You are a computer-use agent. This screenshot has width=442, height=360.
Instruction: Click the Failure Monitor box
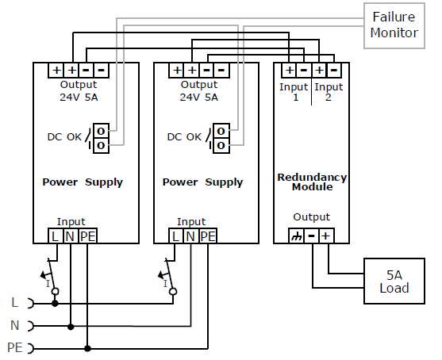coord(394,25)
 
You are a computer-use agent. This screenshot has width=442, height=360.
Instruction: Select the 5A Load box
coord(394,281)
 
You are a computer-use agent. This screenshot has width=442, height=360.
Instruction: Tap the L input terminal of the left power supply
coord(56,236)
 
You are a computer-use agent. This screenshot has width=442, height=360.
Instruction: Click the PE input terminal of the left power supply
coord(87,236)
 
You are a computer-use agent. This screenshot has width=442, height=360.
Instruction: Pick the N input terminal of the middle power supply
coord(190,236)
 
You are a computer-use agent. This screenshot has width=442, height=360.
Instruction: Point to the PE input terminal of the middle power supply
coord(208,236)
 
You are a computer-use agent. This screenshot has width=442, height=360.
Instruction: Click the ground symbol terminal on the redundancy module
coord(296,236)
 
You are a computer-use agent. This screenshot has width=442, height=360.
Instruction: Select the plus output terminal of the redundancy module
coord(326,236)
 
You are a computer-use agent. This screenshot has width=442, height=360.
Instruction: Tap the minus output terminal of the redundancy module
coord(312,236)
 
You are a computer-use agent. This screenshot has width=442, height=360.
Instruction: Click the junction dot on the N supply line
coord(71,327)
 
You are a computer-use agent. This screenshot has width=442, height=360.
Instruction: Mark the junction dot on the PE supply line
coord(87,348)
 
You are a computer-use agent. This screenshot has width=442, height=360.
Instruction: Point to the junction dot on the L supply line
coord(56,304)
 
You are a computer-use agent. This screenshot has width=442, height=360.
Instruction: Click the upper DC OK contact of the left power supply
coord(102,131)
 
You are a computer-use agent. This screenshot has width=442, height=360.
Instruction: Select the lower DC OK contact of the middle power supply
coord(221,146)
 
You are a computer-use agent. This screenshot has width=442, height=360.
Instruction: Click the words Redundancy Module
coord(312,182)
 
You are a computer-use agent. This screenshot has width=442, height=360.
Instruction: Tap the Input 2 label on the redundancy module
coord(329,92)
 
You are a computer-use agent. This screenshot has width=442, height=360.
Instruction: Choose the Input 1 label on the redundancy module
coord(294,92)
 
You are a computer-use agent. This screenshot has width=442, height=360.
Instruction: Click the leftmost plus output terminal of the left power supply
coord(56,70)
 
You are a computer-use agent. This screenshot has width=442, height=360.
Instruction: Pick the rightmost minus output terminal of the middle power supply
coord(221,70)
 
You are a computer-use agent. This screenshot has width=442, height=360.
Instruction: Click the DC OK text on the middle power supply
coord(184,137)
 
